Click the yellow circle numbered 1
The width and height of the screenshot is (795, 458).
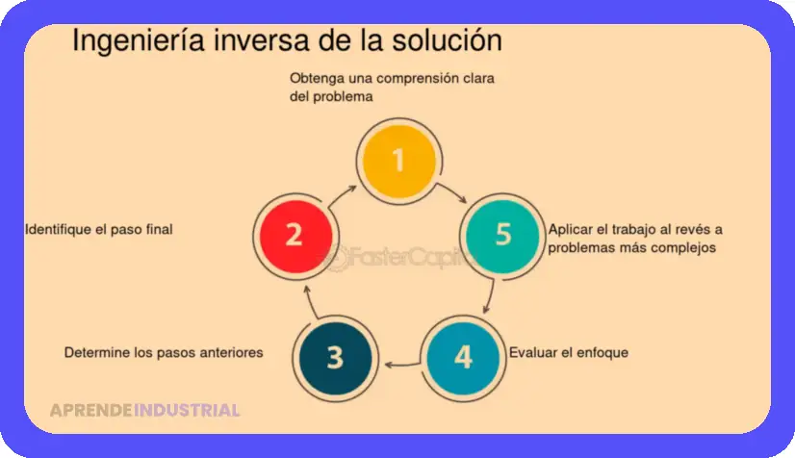[399, 162]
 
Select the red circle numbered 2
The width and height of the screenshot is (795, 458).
[295, 237]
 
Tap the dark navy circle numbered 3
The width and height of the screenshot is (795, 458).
[335, 359]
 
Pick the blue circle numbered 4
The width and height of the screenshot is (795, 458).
[463, 359]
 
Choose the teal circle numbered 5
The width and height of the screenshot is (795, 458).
[502, 237]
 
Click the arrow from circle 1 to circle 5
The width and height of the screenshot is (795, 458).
[452, 191]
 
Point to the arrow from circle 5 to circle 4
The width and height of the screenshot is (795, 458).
[490, 297]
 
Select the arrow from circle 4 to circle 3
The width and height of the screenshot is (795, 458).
[402, 365]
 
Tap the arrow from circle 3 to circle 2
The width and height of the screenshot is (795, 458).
[310, 302]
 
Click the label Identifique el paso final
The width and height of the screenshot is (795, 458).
[99, 230]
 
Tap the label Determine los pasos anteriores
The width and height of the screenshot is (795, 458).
[164, 352]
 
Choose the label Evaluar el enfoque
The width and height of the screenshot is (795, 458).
[569, 352]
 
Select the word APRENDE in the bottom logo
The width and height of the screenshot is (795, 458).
[91, 410]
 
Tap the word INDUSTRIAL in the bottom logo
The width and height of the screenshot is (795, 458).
[187, 410]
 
